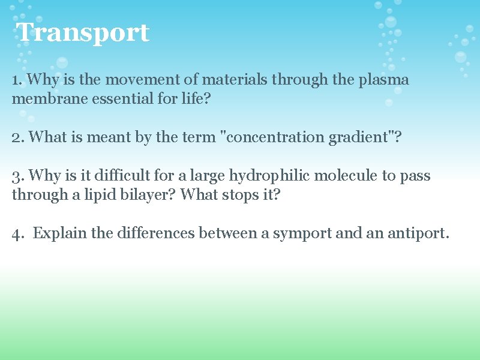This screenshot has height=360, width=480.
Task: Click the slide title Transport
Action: pos(83,32)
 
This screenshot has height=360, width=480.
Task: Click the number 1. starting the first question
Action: pos(17,80)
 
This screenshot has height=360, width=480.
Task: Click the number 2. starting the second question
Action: pos(18,137)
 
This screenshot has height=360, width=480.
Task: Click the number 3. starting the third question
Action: pos(18,176)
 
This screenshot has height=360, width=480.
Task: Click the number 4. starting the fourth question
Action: pos(18,233)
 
